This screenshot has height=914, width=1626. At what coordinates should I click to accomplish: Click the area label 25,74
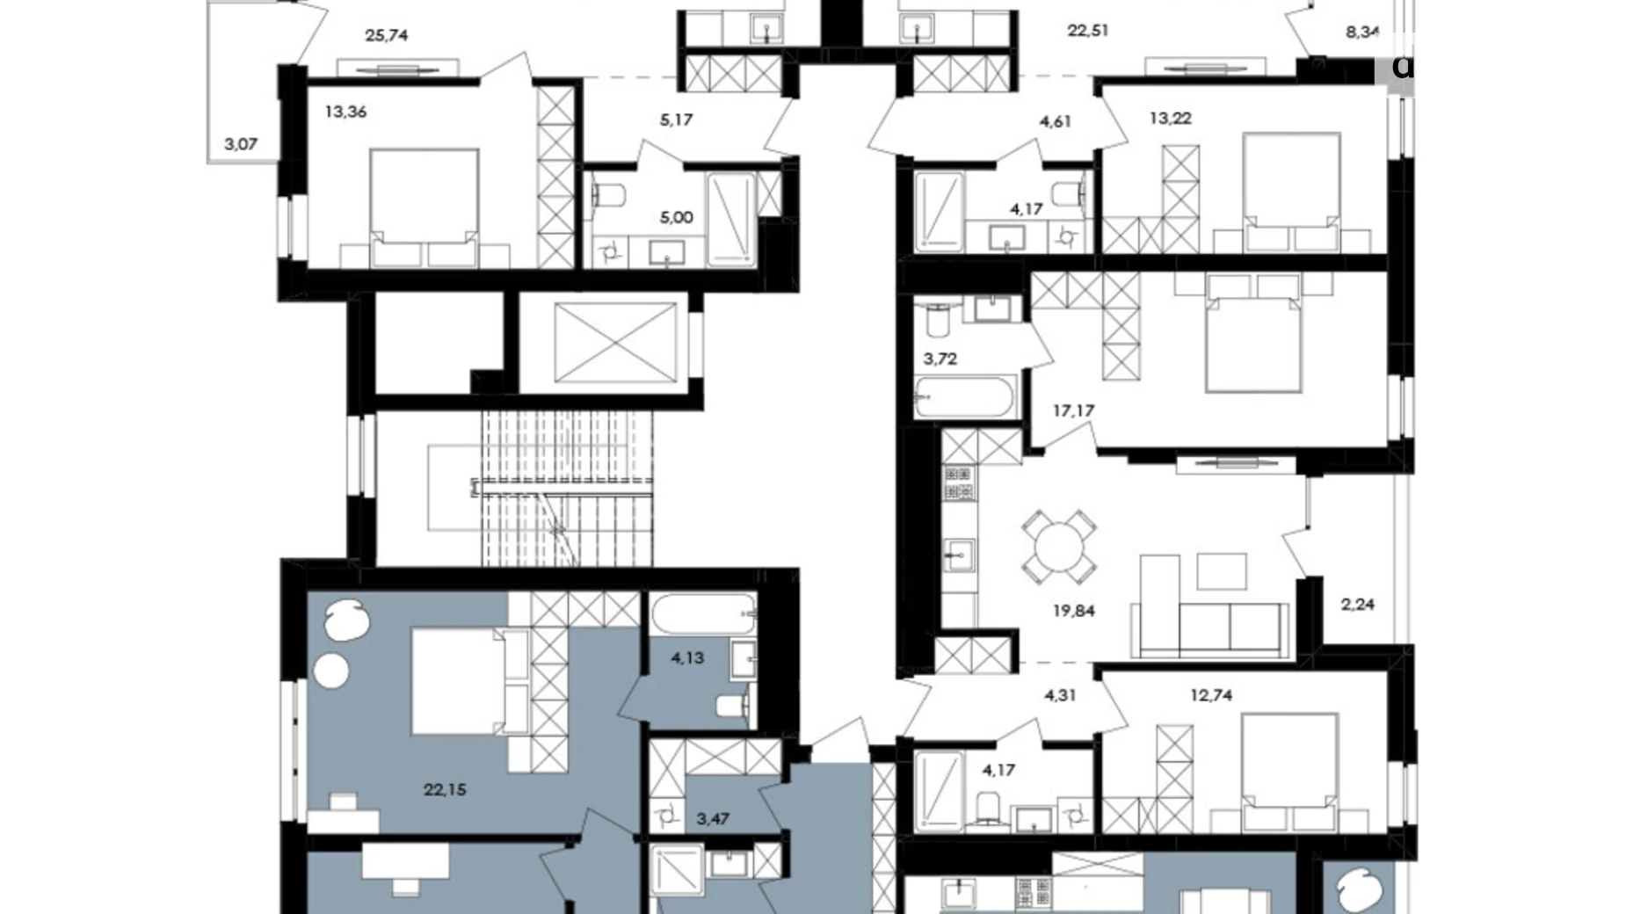point(386,36)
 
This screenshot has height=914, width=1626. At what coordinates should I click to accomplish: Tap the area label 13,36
point(345,112)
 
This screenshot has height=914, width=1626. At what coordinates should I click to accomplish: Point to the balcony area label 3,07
point(240,144)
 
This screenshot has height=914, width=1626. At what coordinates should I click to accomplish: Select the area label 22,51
point(1088,31)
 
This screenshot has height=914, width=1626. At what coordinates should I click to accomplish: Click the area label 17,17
point(1073,410)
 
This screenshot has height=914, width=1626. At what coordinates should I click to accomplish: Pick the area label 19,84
point(1073,611)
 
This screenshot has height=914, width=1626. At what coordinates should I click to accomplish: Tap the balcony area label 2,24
point(1357,605)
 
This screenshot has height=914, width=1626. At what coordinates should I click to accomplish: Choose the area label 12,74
point(1210,695)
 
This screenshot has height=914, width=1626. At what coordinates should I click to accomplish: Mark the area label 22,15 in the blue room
point(445,789)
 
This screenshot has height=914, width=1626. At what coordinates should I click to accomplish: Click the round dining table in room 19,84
point(1058,548)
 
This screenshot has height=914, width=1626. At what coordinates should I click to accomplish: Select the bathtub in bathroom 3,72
point(965,398)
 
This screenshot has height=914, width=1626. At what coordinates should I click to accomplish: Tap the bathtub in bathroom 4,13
point(702,612)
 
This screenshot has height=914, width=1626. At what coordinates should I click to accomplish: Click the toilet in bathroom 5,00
point(607,194)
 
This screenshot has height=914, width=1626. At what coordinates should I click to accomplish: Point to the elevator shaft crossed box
point(614,343)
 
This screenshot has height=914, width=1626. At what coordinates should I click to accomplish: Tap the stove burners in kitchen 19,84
point(958,484)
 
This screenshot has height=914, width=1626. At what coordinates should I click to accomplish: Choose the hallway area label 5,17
point(676,120)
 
